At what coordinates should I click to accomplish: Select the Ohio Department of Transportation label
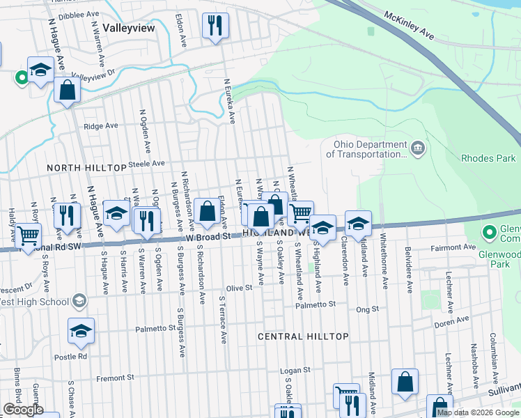pos(369,149)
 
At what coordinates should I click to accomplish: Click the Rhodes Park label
pos(487,158)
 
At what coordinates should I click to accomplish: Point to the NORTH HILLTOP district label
pos(84,169)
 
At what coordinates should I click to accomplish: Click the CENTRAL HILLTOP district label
pos(303,336)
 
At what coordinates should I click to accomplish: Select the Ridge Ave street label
pos(101,126)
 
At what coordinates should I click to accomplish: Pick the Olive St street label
pos(238,288)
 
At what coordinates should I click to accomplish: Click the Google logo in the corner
pos(23,410)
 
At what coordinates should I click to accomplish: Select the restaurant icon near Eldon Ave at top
pos(215,26)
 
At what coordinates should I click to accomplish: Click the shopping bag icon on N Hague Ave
pos(68,91)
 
